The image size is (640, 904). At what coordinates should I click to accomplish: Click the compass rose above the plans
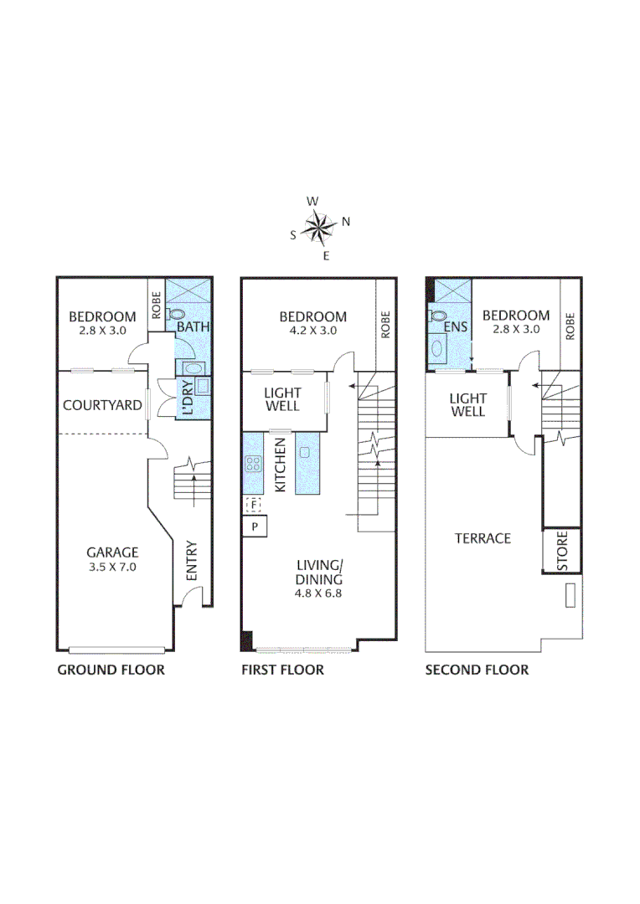click(319, 227)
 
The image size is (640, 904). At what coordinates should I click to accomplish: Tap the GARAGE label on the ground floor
click(112, 552)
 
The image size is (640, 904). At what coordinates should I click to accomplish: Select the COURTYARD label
click(102, 406)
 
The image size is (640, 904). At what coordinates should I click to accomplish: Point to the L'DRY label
click(188, 399)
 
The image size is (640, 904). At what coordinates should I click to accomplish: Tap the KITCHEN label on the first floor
click(281, 465)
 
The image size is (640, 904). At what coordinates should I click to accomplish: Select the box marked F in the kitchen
click(254, 505)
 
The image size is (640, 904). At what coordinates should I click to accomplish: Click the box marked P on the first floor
click(254, 526)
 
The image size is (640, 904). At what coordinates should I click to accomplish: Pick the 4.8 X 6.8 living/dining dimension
click(318, 593)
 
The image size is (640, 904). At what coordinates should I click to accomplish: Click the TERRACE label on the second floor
click(483, 538)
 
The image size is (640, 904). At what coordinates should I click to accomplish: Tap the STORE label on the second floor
click(563, 552)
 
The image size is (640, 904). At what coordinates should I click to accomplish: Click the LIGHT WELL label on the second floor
click(467, 405)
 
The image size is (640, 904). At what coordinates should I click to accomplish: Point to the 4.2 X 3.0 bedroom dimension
click(312, 330)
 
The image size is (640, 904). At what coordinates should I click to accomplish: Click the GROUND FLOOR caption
click(111, 670)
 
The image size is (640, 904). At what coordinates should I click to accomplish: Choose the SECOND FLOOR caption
click(477, 670)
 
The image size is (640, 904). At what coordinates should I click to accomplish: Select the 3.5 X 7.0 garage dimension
click(112, 567)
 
